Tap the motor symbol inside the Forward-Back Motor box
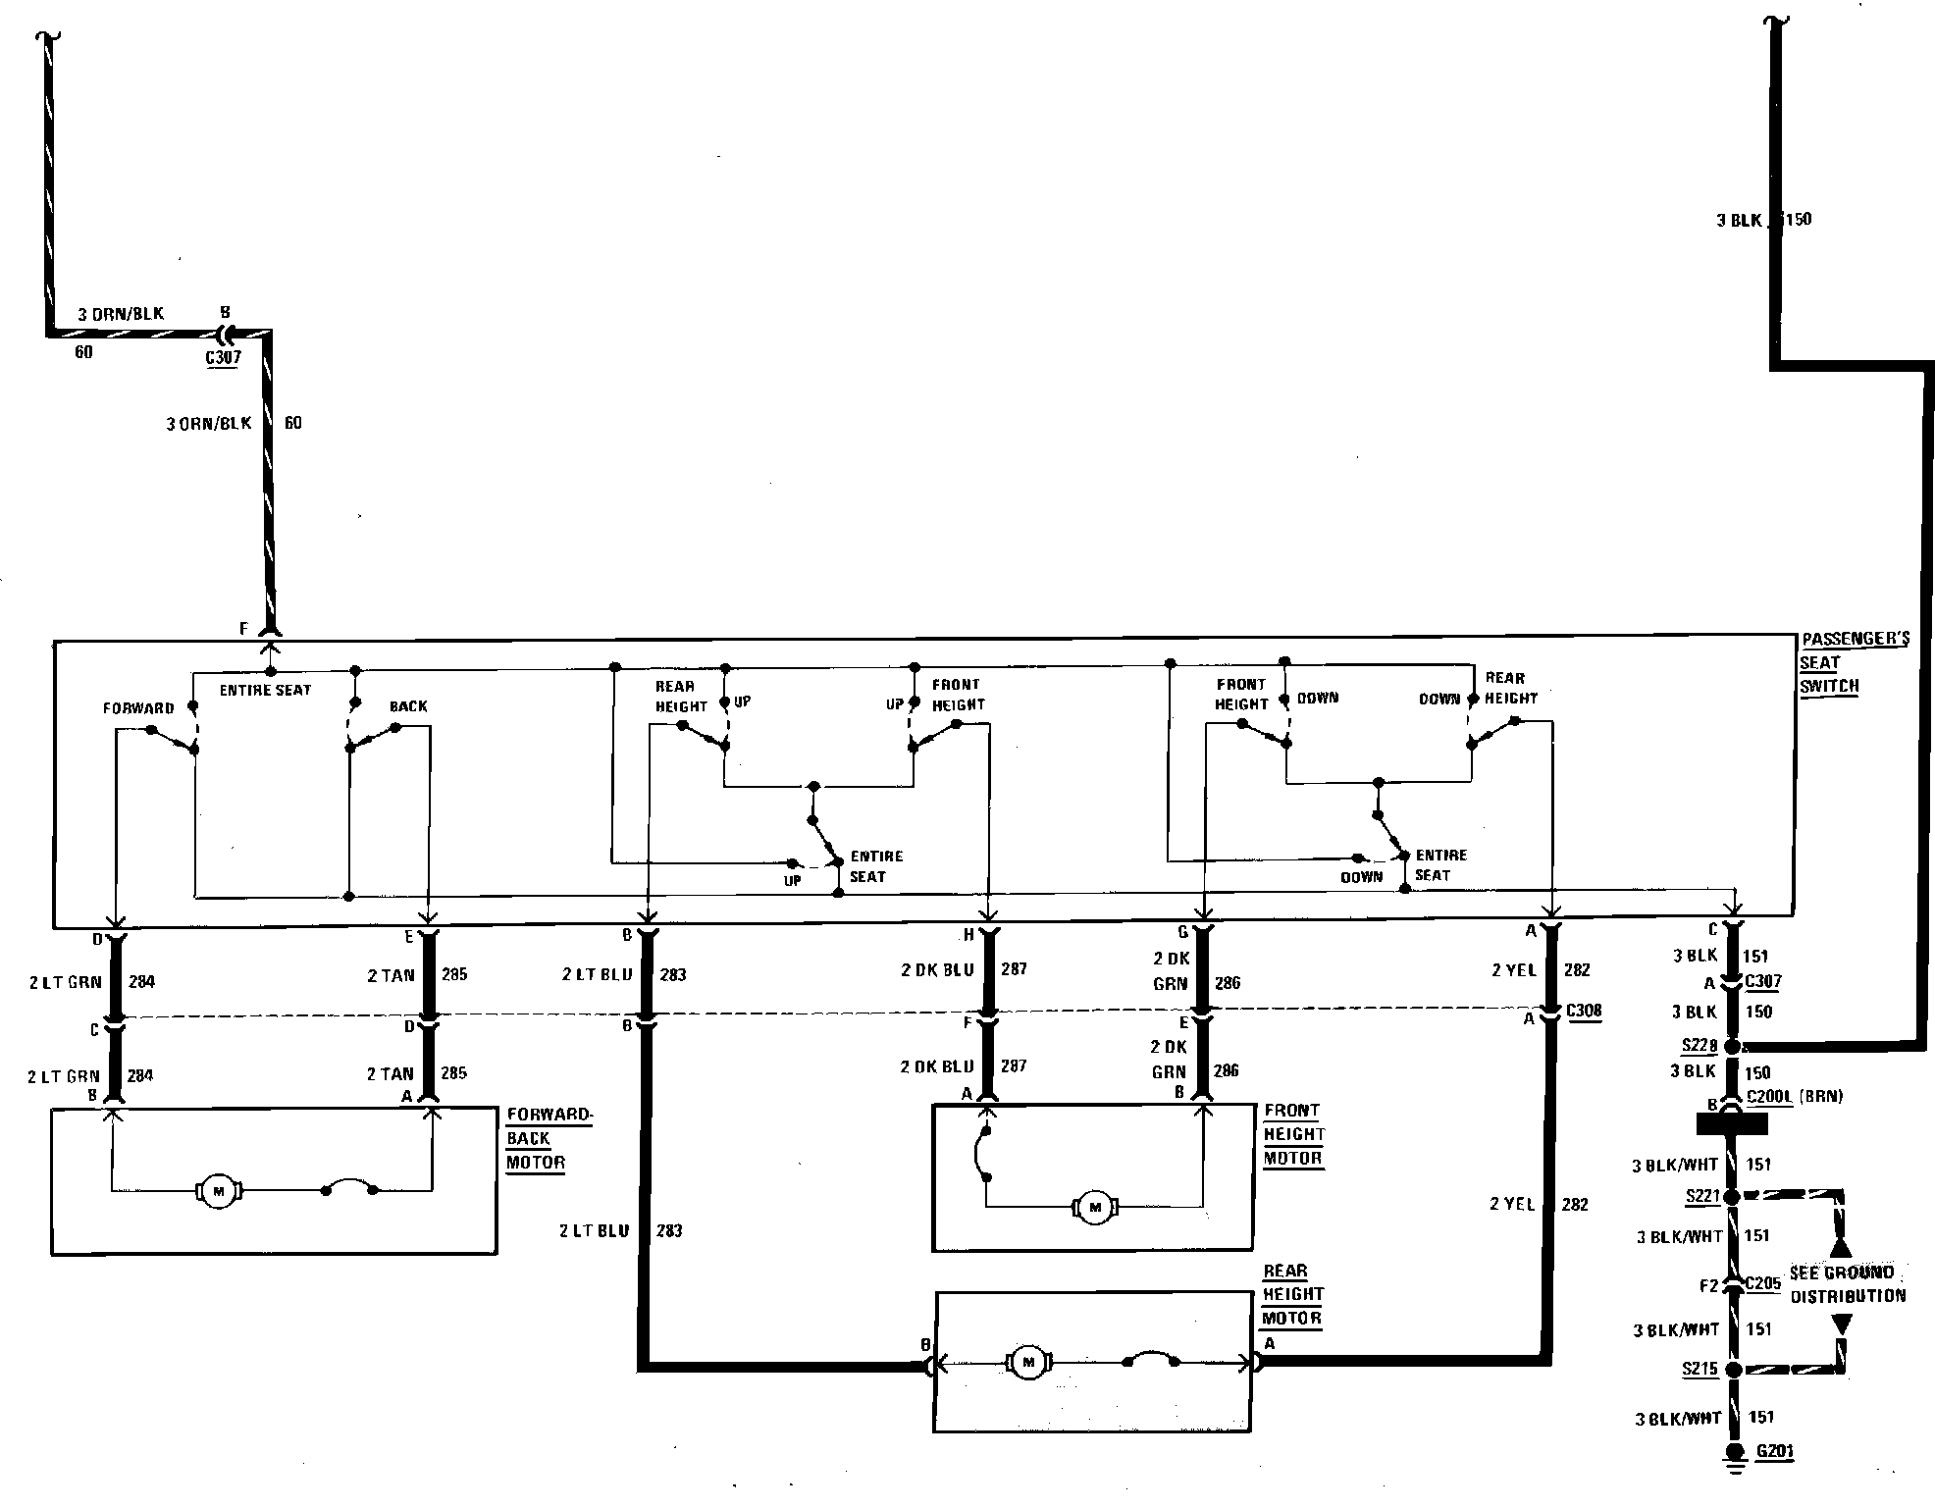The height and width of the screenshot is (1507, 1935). [x=219, y=1191]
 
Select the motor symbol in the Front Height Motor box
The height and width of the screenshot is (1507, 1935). [x=1094, y=1207]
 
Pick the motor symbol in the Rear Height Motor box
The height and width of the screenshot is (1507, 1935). [x=1028, y=1362]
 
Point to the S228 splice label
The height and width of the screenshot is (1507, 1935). [x=1700, y=1046]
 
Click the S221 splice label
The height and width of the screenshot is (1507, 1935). [x=1701, y=1196]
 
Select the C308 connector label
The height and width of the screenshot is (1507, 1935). [x=1583, y=1012]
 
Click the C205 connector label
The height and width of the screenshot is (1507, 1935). [x=1762, y=1283]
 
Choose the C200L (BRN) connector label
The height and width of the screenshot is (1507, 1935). [x=1795, y=1097]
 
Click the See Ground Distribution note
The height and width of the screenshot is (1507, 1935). [x=1848, y=1284]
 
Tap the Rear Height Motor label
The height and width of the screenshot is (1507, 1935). [x=1291, y=1294]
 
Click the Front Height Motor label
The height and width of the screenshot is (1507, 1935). [x=1293, y=1134]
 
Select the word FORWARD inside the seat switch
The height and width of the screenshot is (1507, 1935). [x=138, y=708]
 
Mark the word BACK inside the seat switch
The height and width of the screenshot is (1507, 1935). [x=408, y=706]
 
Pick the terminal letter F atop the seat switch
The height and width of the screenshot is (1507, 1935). [x=244, y=629]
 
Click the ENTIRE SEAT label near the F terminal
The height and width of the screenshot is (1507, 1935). [x=265, y=691]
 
